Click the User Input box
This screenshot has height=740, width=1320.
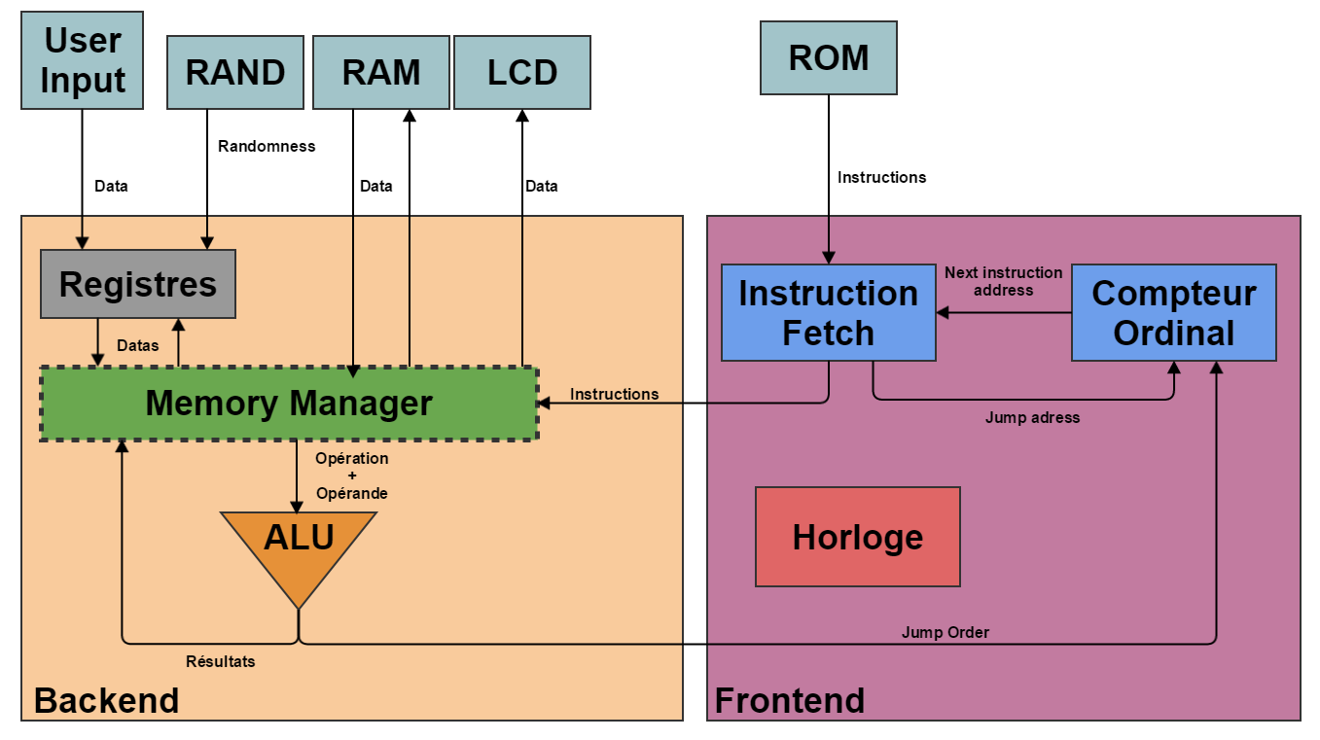point(83,60)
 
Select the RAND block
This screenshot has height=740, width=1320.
point(235,73)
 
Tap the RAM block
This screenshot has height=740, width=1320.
point(381,73)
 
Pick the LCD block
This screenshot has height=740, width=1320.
point(522,73)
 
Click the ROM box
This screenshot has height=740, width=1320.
point(828,58)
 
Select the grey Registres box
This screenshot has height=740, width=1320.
point(138,284)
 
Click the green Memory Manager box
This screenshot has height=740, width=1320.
point(289,403)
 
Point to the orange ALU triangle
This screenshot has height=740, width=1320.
point(299,545)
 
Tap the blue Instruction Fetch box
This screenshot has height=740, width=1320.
point(828,312)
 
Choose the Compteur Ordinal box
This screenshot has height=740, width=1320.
point(1173,312)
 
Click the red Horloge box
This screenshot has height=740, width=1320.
point(857,537)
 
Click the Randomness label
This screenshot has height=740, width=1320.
point(267,146)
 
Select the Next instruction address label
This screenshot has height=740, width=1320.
point(1003,281)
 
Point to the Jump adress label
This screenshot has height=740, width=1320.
point(1032,417)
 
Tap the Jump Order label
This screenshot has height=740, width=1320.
point(945,632)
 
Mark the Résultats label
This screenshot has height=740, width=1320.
point(221,661)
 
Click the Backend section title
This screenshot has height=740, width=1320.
point(107,700)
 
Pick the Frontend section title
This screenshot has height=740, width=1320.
point(790,700)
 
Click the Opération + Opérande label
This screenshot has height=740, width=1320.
point(351,476)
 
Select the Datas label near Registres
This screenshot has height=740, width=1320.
point(138,345)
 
